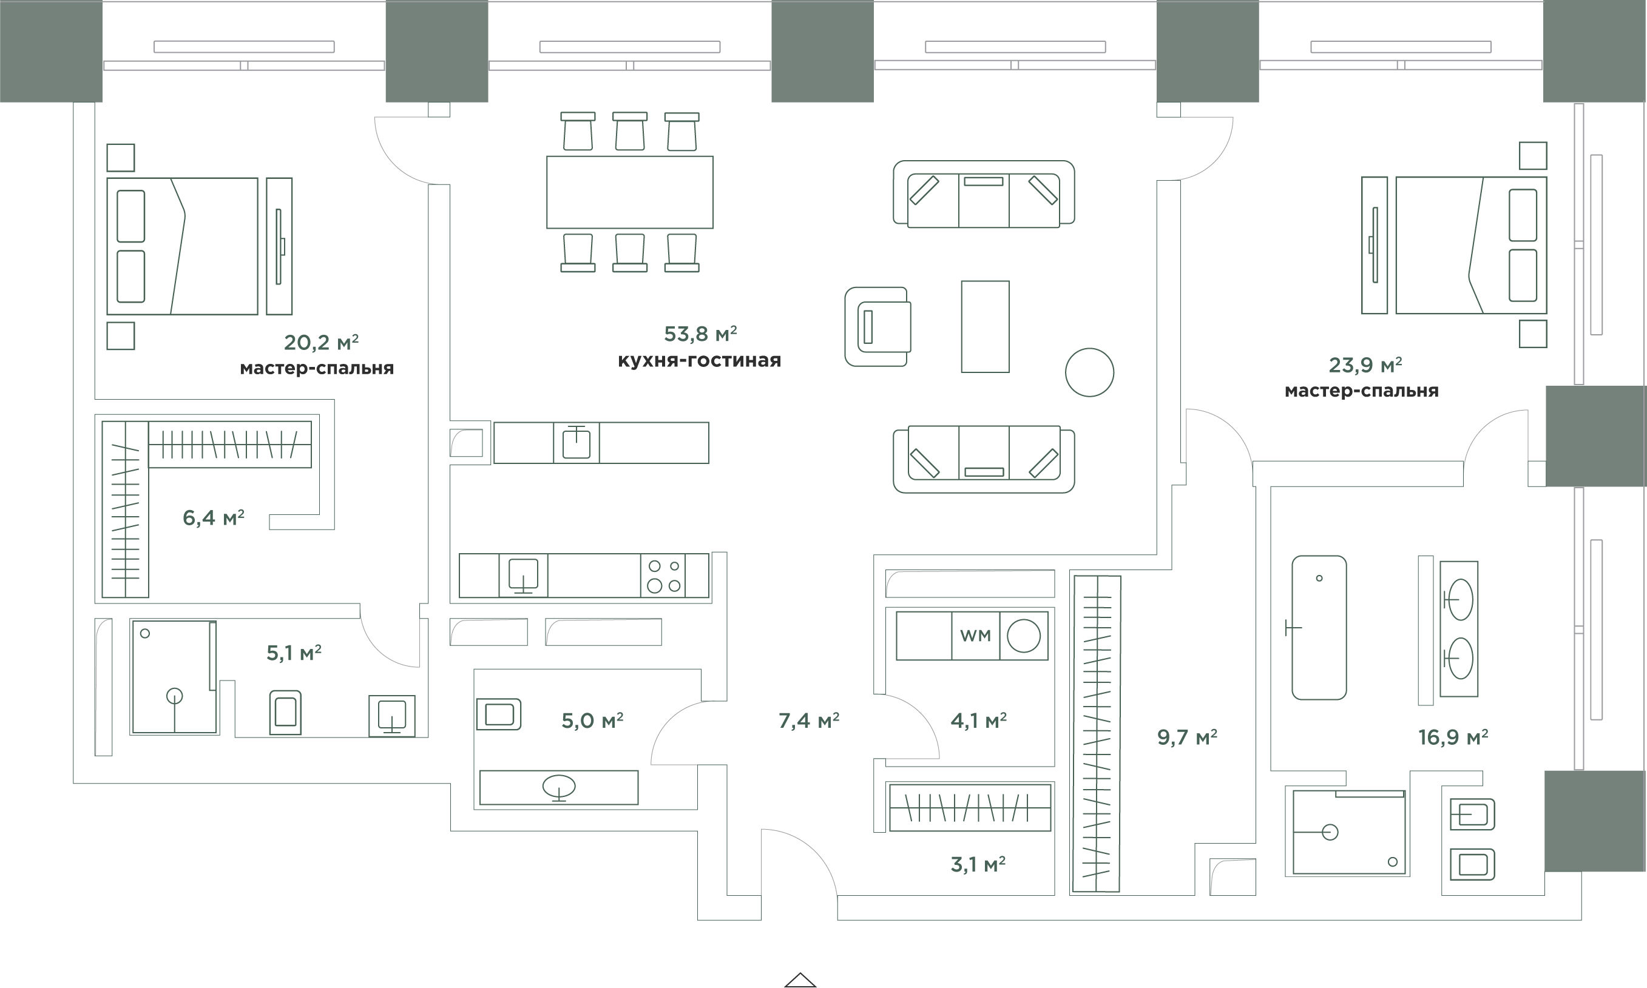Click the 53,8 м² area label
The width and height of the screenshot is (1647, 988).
pos(700,333)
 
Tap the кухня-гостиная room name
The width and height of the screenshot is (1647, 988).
pos(699,361)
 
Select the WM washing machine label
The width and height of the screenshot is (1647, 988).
pos(975,636)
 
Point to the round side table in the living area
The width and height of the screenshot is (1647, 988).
pos(1089,373)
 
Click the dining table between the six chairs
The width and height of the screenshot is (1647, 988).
pos(630,192)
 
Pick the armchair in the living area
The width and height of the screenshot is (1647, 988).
pos(878,327)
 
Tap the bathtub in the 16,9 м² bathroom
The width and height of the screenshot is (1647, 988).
pos(1319,628)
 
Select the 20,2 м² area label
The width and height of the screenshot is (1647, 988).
pos(321,342)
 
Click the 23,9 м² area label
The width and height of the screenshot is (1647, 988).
pos(1365,365)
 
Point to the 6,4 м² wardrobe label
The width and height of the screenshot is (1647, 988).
pos(213,517)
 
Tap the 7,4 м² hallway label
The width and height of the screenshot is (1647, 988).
pos(808,721)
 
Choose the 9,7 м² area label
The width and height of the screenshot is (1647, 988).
pos(1187,737)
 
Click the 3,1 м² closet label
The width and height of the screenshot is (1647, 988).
pos(978,864)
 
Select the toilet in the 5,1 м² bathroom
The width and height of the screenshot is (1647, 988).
pos(285,713)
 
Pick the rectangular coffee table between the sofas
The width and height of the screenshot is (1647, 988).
pos(985,327)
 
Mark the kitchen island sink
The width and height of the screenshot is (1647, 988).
pos(576,443)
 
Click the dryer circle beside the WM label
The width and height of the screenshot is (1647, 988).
pos(1024,636)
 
